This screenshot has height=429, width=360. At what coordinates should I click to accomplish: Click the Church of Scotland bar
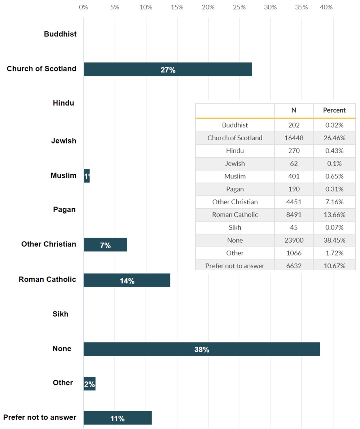point(168,69)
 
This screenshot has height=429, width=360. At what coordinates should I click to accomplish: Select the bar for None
point(202,349)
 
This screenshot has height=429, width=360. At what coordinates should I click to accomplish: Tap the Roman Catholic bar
point(127,280)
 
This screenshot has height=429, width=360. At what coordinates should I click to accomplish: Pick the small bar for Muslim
point(87,176)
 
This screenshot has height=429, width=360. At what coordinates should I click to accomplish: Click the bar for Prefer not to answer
point(118,418)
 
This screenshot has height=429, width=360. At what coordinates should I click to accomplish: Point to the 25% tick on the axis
point(239,7)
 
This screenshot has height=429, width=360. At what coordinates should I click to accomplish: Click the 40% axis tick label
point(326,7)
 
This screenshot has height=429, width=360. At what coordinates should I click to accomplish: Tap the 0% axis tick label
point(83,7)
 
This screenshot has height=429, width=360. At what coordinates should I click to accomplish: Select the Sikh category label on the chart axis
point(61,314)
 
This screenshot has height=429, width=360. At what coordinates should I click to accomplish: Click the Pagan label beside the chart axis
point(64,209)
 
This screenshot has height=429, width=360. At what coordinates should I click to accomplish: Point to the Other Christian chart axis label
point(49,244)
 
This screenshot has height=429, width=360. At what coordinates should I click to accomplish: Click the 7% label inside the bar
point(105,245)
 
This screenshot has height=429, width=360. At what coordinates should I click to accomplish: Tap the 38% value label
point(202,349)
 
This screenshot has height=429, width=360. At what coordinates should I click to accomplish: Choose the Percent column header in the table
point(334,110)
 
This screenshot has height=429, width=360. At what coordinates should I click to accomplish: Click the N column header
point(294,110)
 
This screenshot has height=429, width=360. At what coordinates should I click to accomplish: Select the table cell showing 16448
point(294,138)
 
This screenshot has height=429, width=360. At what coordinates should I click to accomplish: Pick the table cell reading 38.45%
point(334,240)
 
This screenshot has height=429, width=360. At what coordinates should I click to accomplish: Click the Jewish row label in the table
point(235,163)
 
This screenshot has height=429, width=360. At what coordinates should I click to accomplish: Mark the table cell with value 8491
point(294,215)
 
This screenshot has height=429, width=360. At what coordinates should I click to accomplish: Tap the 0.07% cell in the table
point(334,227)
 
